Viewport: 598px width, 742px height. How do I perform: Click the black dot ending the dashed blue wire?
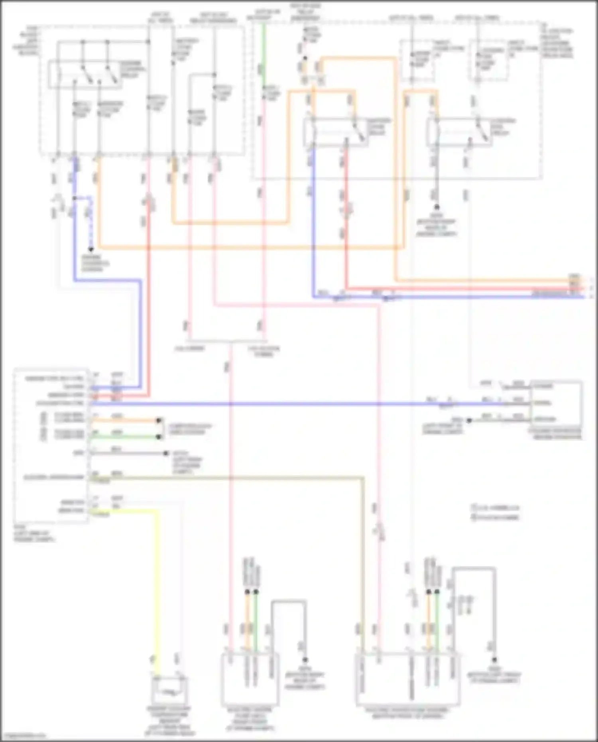[91, 250]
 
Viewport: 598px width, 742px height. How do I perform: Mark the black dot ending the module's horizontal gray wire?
[166, 453]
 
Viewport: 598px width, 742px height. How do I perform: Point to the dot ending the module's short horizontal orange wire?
[159, 420]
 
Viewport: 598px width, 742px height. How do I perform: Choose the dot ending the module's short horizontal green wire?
[159, 437]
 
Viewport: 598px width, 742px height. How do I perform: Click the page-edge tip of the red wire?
[583, 288]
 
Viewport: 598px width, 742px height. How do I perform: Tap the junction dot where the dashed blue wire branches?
[74, 198]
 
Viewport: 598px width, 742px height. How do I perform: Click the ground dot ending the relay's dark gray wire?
[437, 207]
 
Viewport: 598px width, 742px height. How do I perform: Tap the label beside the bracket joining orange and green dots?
[190, 429]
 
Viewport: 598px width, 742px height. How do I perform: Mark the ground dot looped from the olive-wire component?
[494, 660]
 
